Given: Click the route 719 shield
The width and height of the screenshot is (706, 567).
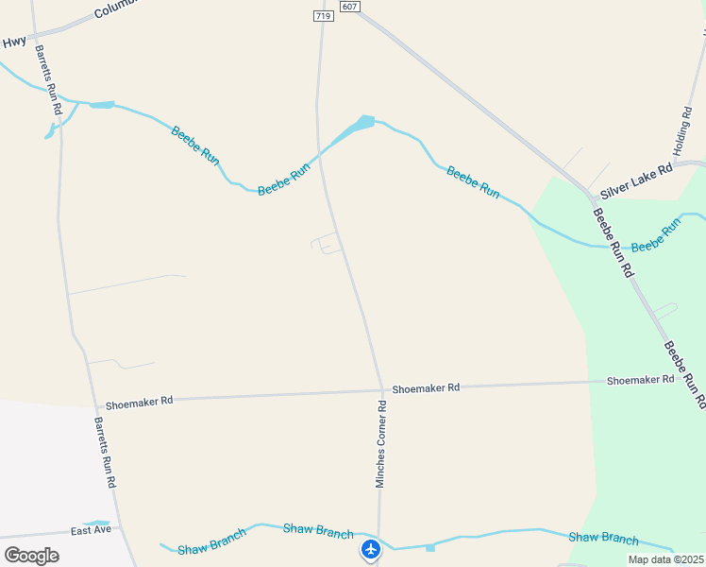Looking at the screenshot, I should [324, 16].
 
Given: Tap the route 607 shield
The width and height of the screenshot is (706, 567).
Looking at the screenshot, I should [350, 7].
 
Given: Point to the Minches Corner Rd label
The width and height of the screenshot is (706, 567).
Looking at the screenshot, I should [381, 444].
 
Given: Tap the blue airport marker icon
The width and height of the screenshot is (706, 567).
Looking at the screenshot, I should [371, 549].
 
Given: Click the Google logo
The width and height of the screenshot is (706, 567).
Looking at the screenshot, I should [31, 555].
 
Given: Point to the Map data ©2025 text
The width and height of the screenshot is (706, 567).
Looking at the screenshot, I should [665, 559].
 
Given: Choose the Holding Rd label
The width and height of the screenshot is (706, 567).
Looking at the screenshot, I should [681, 131].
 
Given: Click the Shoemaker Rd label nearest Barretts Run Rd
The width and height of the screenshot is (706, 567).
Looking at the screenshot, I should [140, 401].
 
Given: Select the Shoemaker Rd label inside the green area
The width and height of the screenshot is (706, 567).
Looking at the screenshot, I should [641, 380].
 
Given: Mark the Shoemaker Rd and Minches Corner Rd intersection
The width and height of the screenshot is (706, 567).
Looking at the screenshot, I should [382, 390].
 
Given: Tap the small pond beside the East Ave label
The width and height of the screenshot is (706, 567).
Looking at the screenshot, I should [96, 523].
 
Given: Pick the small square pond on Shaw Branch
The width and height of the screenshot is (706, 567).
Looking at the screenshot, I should [430, 547].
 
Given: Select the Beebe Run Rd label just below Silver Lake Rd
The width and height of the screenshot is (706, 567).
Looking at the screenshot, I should [613, 240].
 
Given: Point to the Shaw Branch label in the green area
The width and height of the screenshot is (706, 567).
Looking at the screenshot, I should [603, 538].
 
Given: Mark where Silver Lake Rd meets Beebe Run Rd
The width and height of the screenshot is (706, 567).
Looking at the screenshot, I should [592, 197].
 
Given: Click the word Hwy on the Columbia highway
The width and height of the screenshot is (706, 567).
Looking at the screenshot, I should [14, 42].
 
